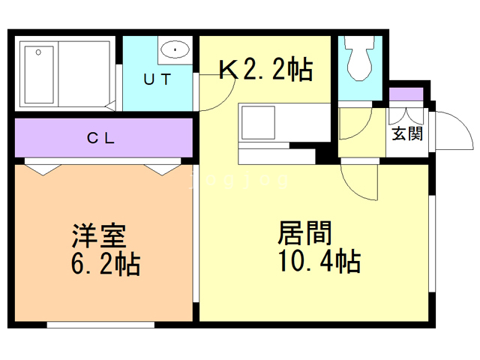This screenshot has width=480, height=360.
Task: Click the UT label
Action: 158,78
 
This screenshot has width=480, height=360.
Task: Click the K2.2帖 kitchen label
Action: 265,70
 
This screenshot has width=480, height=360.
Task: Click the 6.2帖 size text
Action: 105,264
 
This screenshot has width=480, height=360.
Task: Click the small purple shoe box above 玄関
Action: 406,95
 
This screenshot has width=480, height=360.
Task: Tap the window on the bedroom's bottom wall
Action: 100,325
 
